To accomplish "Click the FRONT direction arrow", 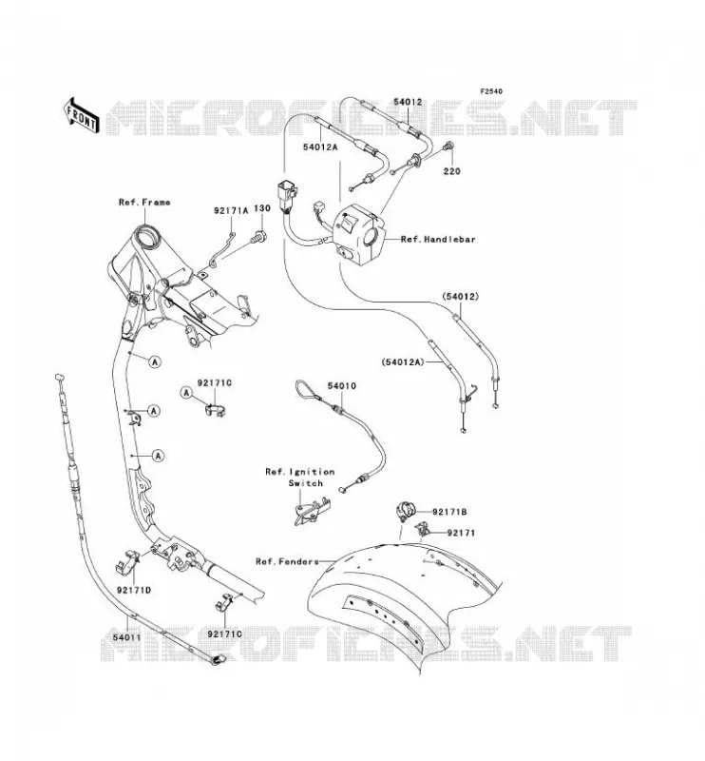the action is [x=82, y=115].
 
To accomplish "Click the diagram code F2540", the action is [x=491, y=91].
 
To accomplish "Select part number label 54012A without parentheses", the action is [x=320, y=147].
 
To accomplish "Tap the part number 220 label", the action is [x=451, y=171].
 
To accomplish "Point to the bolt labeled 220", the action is [x=448, y=145].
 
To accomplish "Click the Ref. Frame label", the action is [x=144, y=202].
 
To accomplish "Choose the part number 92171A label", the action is [x=231, y=210].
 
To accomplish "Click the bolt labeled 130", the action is [x=259, y=237].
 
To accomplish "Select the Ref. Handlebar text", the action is [x=438, y=240].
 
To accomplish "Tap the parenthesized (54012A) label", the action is [x=403, y=361].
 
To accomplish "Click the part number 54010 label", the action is [x=341, y=386].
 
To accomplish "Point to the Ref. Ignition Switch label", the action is [x=300, y=478].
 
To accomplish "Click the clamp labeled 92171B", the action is [x=407, y=511].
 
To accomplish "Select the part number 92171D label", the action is [x=134, y=590].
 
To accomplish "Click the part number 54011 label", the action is [x=127, y=637].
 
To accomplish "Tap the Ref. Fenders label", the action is [x=287, y=561].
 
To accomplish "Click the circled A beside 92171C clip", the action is [x=186, y=393].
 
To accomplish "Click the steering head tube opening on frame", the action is [x=147, y=239].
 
